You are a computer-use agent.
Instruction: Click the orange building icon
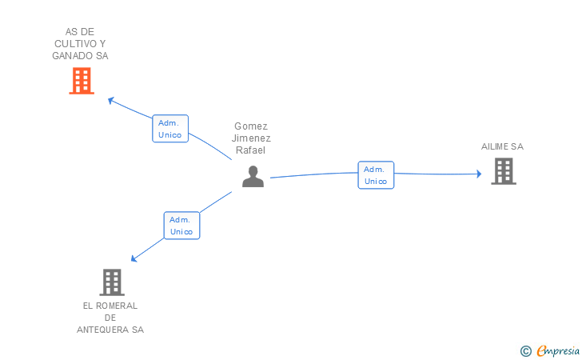(x=82, y=81)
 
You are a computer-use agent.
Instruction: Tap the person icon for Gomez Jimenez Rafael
(x=253, y=177)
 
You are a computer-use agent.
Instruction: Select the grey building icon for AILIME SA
(x=503, y=171)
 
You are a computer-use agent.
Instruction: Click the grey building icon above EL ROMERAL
(x=112, y=282)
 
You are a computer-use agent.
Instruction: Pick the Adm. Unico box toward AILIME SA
(x=376, y=175)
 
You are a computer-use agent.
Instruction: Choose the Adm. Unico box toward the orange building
(x=170, y=129)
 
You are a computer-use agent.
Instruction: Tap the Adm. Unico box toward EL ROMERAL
(x=181, y=225)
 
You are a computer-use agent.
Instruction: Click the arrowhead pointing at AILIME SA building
(x=478, y=174)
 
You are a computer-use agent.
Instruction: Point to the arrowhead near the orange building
(x=112, y=100)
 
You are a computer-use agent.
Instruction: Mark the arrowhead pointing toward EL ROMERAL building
(x=135, y=258)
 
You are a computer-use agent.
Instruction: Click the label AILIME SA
(x=502, y=147)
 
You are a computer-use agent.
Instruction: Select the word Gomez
(x=251, y=126)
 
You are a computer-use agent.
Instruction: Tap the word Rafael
(x=250, y=150)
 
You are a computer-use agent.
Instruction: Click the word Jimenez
(x=251, y=138)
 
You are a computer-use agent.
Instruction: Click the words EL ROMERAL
(x=110, y=306)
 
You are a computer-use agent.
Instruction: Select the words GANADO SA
(x=80, y=56)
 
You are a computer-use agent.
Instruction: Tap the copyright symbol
(x=525, y=350)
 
